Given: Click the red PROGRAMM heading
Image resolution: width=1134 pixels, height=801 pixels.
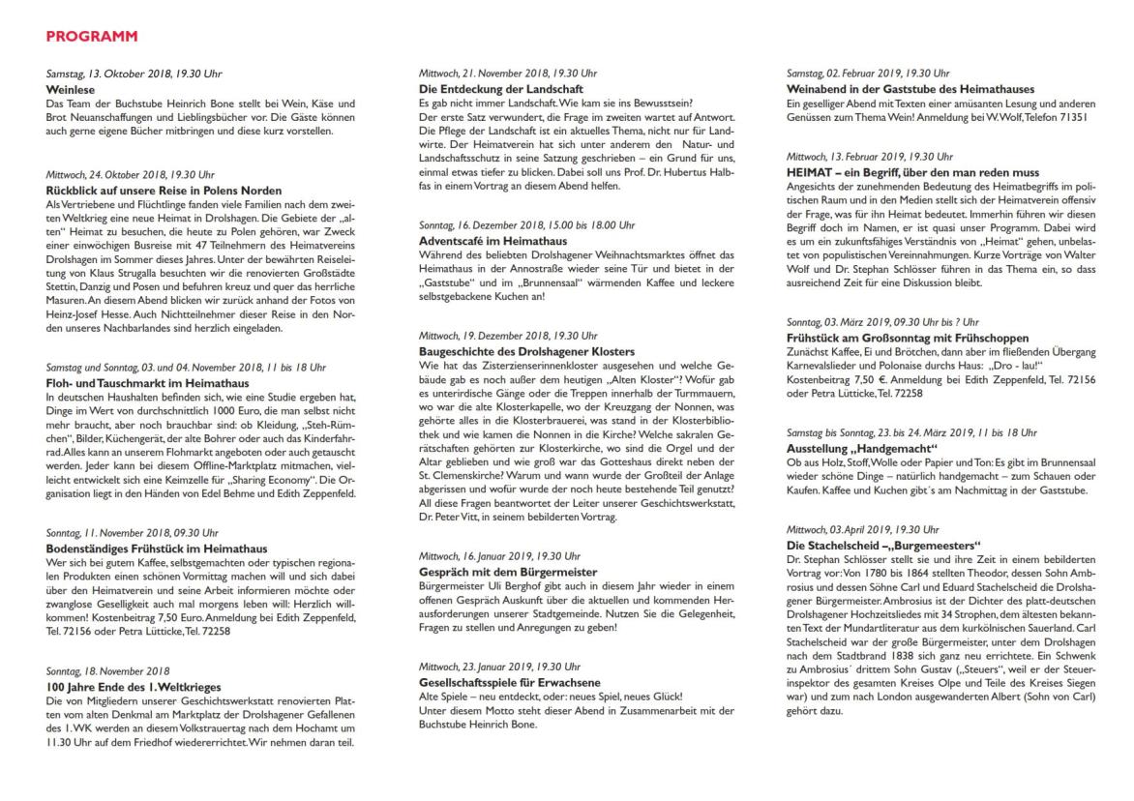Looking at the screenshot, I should (x=92, y=37).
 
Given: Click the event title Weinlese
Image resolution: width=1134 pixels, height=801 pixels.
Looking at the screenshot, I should (x=70, y=89).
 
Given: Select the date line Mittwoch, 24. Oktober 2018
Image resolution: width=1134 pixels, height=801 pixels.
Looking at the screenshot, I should (x=130, y=175).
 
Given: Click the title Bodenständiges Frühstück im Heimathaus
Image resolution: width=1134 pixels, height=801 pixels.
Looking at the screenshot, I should (x=153, y=548).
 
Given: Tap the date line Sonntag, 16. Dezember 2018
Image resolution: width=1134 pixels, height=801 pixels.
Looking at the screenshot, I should (x=526, y=224).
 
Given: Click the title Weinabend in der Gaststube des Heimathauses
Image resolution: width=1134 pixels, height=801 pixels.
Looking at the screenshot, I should (x=910, y=89).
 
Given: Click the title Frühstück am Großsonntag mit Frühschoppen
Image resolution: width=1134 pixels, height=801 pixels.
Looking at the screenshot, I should (x=910, y=337).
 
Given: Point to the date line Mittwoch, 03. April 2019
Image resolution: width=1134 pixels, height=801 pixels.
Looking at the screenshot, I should (x=862, y=529).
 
